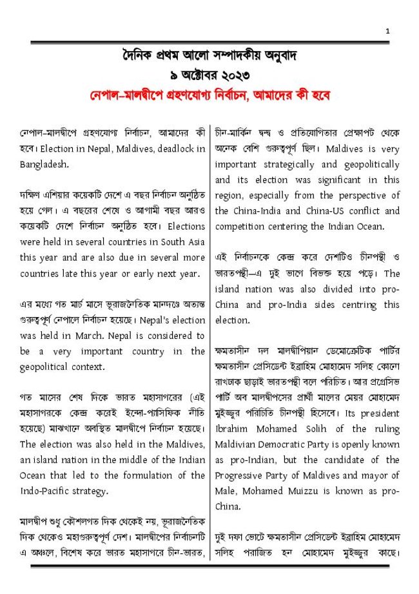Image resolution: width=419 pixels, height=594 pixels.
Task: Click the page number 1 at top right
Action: click(387, 30)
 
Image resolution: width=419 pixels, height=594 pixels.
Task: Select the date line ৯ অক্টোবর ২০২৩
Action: click(209, 74)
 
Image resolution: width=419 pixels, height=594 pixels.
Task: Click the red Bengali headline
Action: click(210, 95)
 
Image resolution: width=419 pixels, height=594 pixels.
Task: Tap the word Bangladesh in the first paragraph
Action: click(43, 164)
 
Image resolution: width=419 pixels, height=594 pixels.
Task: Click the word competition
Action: click(242, 226)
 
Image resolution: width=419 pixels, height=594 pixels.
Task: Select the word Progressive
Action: click(242, 475)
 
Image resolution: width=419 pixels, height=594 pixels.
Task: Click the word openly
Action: click(356, 444)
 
